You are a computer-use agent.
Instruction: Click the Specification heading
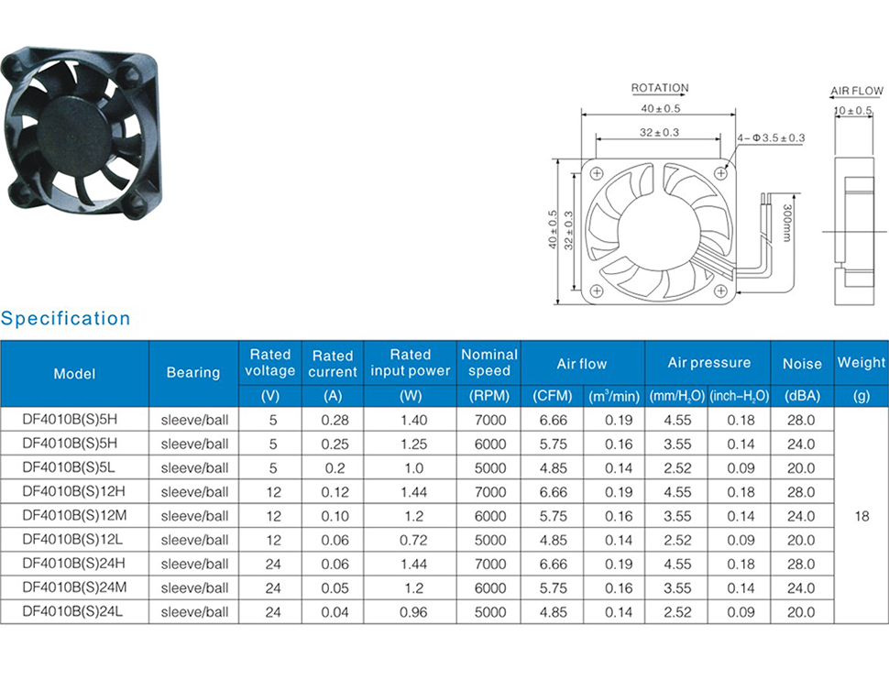pyautogui.click(x=66, y=319)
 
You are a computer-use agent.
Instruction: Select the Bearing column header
pyautogui.click(x=193, y=373)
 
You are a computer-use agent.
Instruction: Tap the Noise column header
pyautogui.click(x=802, y=364)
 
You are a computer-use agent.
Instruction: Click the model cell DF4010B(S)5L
pyautogui.click(x=69, y=467)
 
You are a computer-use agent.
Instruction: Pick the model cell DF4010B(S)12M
pyautogui.click(x=74, y=516)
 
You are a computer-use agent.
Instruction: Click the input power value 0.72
pyautogui.click(x=413, y=540)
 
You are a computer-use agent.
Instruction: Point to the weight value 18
pyautogui.click(x=862, y=516)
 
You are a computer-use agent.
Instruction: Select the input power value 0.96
pyautogui.click(x=413, y=612)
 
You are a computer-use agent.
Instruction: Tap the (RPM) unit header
pyautogui.click(x=489, y=396)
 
